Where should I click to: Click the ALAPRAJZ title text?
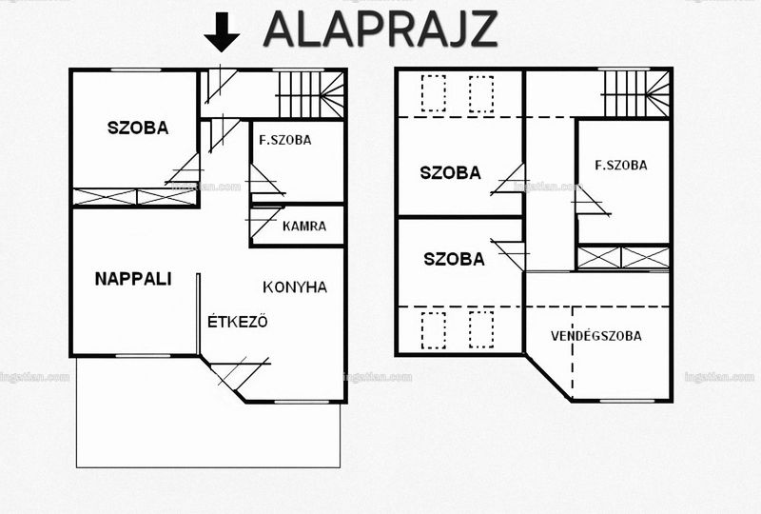click(x=380, y=29)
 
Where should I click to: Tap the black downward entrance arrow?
click(x=222, y=32)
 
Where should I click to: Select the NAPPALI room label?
click(x=133, y=279)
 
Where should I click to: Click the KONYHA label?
click(x=295, y=287)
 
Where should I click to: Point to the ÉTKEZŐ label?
click(x=237, y=321)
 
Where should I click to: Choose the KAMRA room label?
click(x=304, y=226)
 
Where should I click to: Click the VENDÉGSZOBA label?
click(x=596, y=335)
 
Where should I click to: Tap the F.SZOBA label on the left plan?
click(x=285, y=141)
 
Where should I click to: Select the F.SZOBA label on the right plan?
click(x=621, y=166)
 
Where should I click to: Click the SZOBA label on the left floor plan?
click(x=138, y=128)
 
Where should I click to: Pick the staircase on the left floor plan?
click(x=311, y=94)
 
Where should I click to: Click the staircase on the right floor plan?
click(x=636, y=94)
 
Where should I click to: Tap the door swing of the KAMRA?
click(x=264, y=222)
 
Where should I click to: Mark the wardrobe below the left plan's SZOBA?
click(x=135, y=197)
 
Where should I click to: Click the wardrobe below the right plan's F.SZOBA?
click(x=623, y=258)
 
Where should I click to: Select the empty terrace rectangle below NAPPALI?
click(x=208, y=413)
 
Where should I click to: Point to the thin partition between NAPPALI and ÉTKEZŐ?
click(x=198, y=314)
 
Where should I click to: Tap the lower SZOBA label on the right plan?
click(x=454, y=259)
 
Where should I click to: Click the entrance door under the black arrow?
click(x=221, y=86)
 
